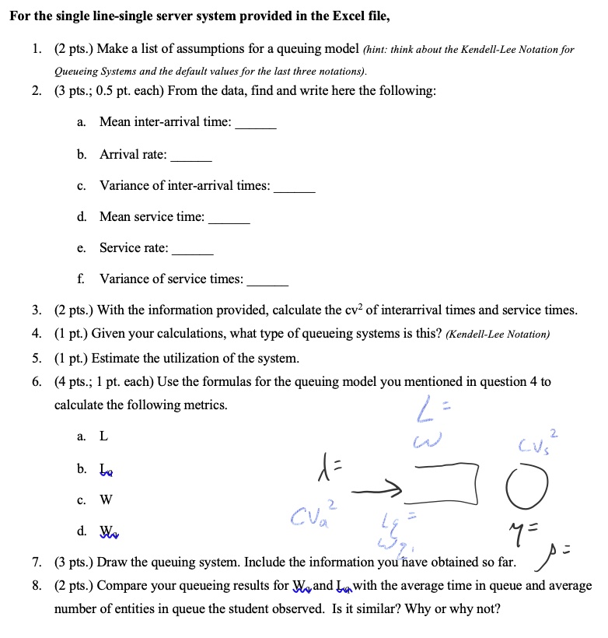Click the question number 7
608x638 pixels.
(37, 563)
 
